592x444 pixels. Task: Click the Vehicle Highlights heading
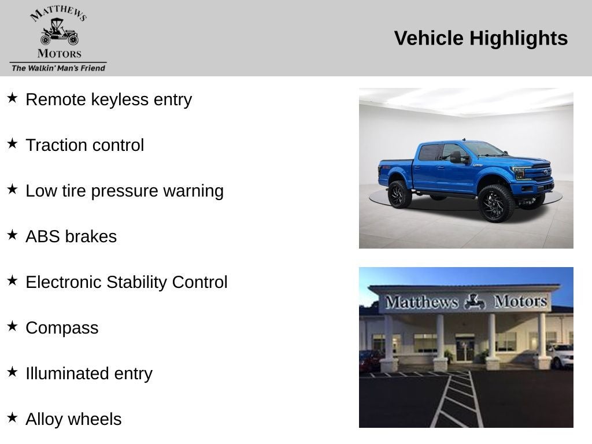click(x=480, y=38)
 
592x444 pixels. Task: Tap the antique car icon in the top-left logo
click(x=59, y=33)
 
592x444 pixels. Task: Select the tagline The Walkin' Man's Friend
click(x=58, y=68)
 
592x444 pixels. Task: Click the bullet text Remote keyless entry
click(x=109, y=99)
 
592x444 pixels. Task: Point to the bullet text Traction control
click(x=84, y=145)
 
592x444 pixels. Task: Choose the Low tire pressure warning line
click(x=124, y=191)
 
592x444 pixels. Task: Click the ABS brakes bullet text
click(x=71, y=236)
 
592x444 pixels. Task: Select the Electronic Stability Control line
click(x=127, y=282)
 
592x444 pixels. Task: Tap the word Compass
click(x=62, y=328)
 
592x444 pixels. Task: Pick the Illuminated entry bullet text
click(x=89, y=373)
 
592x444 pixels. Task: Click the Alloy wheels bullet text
click(x=73, y=419)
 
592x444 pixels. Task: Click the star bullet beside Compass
click(x=12, y=326)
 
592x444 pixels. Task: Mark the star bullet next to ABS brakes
click(x=12, y=235)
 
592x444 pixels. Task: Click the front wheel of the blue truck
click(x=495, y=203)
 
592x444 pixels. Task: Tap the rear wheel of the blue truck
click(x=399, y=194)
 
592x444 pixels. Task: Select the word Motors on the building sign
click(x=520, y=301)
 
